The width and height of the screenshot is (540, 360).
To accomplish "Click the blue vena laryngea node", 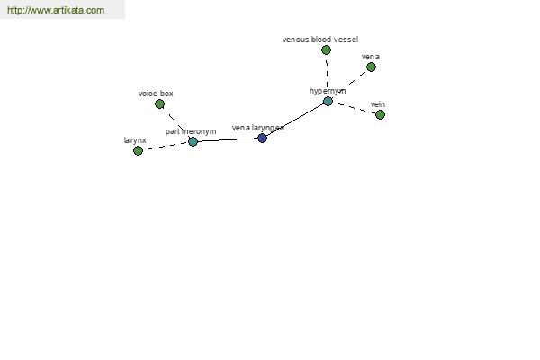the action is (x=263, y=138).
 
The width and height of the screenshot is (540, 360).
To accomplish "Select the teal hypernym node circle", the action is (x=328, y=101).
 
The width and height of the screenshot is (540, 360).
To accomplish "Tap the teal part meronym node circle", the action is (x=193, y=141).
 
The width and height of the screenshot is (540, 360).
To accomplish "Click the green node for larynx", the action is (x=138, y=150).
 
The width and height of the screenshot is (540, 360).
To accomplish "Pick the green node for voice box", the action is (x=159, y=103).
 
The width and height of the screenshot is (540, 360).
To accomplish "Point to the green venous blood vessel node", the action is (x=326, y=50).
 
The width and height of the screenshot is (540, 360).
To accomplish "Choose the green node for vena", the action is (x=371, y=67).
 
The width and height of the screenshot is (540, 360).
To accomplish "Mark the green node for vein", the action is (x=380, y=114).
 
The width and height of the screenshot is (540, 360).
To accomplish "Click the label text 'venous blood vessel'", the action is (x=320, y=40).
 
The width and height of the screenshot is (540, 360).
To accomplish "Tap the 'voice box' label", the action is (x=156, y=94).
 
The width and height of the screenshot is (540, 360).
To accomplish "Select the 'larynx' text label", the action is (x=135, y=140).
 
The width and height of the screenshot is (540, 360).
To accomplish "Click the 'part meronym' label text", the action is (x=191, y=131).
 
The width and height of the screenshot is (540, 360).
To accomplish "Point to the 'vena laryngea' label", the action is (x=258, y=128).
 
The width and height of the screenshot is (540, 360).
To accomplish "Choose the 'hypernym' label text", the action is (x=328, y=91).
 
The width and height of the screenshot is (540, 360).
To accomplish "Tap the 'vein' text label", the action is (x=378, y=104).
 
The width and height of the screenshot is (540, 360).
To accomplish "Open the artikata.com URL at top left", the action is (x=56, y=10).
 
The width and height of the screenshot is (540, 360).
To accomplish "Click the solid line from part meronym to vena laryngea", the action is (x=228, y=139).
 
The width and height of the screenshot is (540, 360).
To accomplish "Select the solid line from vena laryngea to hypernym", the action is (x=295, y=120).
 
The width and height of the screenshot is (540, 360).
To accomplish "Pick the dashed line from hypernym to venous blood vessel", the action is (x=327, y=75).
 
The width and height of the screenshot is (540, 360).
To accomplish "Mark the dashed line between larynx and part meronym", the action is (x=166, y=146).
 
